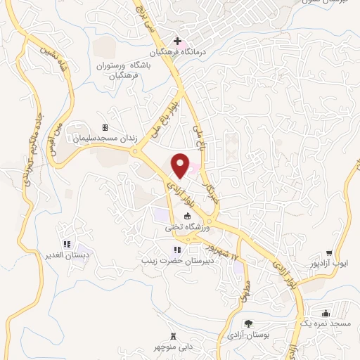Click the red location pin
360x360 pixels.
[x=181, y=166]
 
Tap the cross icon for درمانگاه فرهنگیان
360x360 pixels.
[x=177, y=41]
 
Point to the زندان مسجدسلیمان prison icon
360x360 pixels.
[x=105, y=127]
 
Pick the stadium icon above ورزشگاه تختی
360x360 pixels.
[x=177, y=217]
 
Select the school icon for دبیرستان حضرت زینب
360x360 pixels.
[x=176, y=250]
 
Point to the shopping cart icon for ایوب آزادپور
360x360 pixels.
[x=329, y=253]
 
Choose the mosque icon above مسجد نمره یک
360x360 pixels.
[x=326, y=313]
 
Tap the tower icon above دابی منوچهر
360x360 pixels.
[x=174, y=337]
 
